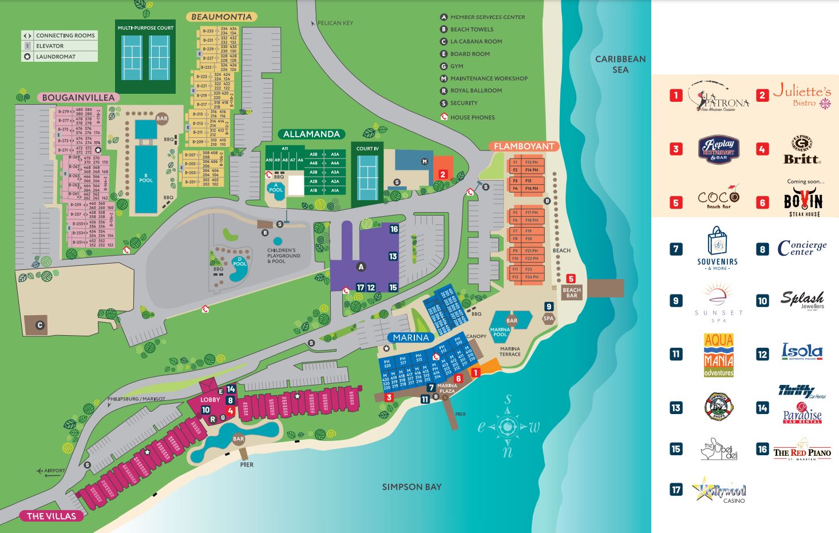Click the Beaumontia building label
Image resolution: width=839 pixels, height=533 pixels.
pyautogui.click(x=221, y=17)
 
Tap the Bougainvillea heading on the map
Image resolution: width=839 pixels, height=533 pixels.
pyautogui.click(x=78, y=98)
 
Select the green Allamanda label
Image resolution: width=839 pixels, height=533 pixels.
pyautogui.click(x=311, y=134)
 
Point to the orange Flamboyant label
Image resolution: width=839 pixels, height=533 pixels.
pyautogui.click(x=524, y=146)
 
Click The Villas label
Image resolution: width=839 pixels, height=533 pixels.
pyautogui.click(x=51, y=516)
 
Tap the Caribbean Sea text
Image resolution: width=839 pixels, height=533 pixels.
pyautogui.click(x=620, y=64)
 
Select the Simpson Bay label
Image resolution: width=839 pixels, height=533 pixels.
pyautogui.click(x=411, y=487)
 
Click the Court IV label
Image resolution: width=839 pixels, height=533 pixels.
pyautogui.click(x=367, y=149)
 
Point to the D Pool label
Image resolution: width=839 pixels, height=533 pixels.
pyautogui.click(x=239, y=262)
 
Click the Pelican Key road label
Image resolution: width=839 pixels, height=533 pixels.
pyautogui.click(x=335, y=23)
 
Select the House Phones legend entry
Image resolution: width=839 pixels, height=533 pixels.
pyautogui.click(x=472, y=117)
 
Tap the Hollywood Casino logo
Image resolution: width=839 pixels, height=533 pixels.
pyautogui.click(x=720, y=490)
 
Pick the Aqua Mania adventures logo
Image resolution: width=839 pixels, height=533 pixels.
pyautogui.click(x=718, y=355)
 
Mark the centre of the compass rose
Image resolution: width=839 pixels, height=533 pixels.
pyautogui.click(x=507, y=426)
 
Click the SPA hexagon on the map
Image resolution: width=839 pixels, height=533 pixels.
pyautogui.click(x=548, y=318)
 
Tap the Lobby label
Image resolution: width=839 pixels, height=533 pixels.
pyautogui.click(x=210, y=400)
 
